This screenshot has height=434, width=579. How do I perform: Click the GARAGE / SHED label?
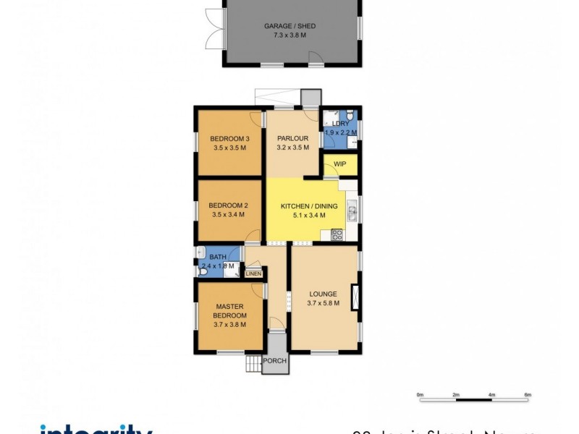coord(289,26)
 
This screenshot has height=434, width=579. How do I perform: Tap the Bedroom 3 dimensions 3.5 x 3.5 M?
coord(230,148)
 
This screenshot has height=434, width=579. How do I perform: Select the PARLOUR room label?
coord(293,138)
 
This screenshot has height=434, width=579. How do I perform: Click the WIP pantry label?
coord(340,164)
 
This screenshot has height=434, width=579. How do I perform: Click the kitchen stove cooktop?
coord(337,234)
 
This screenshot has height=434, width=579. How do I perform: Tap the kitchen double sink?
coord(351,212)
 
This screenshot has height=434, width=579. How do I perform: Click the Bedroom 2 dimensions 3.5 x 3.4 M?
coord(229,214)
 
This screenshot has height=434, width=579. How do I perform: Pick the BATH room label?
coord(218,257)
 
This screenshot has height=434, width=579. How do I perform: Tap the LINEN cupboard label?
coord(253,273)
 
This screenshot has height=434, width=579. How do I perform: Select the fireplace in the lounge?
coord(355,298)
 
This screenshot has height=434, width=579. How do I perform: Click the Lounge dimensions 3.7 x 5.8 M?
coord(323,302)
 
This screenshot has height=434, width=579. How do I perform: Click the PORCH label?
coord(275,361)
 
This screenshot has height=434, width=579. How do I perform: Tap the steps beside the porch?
coord(252,364)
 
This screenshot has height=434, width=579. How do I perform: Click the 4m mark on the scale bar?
coord(491,395)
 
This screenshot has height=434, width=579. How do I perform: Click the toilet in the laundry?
coord(350,116)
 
